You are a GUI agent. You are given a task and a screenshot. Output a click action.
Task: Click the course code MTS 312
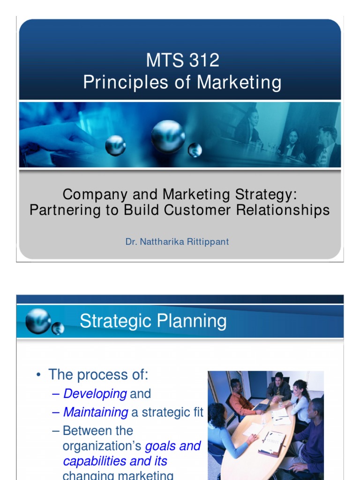pyautogui.click(x=182, y=61)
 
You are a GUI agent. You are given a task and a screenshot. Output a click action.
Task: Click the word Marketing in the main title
pyautogui.click(x=239, y=82)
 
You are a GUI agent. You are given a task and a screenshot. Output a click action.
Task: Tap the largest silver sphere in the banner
pyautogui.click(x=168, y=136)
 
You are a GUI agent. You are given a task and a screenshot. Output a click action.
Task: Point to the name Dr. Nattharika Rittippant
pyautogui.click(x=177, y=242)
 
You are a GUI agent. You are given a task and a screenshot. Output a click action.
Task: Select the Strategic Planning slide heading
pyautogui.click(x=153, y=322)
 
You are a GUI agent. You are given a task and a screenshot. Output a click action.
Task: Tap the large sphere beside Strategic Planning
pyautogui.click(x=38, y=321)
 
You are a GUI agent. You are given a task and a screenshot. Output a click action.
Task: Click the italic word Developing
pyautogui.click(x=95, y=394)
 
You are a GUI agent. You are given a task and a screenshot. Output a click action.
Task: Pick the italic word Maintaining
pyautogui.click(x=96, y=412)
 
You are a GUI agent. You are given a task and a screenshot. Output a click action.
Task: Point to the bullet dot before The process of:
pyautogui.click(x=39, y=375)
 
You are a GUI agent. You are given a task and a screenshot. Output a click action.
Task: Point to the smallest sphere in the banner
pyautogui.click(x=195, y=150)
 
